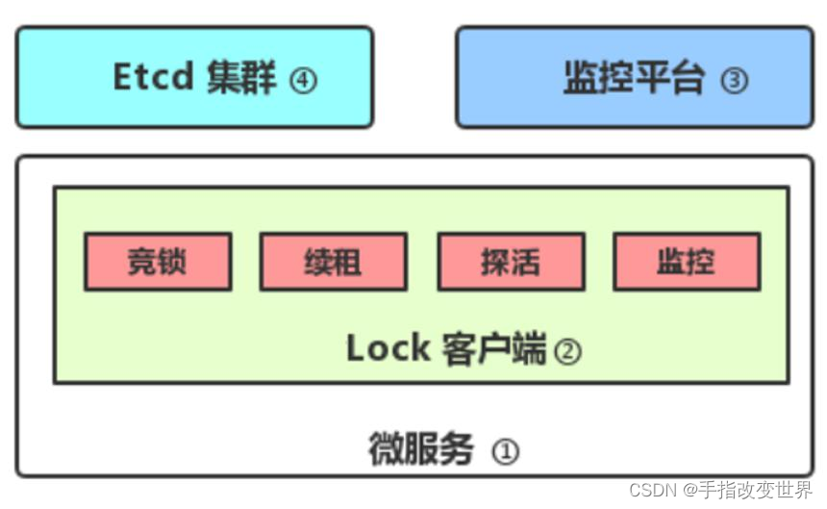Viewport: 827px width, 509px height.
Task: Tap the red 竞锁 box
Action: click(x=158, y=261)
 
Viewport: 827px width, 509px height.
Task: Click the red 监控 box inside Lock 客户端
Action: click(x=687, y=261)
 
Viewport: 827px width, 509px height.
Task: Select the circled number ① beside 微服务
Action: click(x=505, y=450)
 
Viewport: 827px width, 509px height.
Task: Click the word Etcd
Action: click(x=154, y=77)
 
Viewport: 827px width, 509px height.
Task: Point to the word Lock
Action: click(x=388, y=348)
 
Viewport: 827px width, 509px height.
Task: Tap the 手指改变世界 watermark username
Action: click(x=754, y=491)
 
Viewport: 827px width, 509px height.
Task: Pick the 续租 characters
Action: click(x=333, y=262)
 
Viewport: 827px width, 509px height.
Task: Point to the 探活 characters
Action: click(x=511, y=262)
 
